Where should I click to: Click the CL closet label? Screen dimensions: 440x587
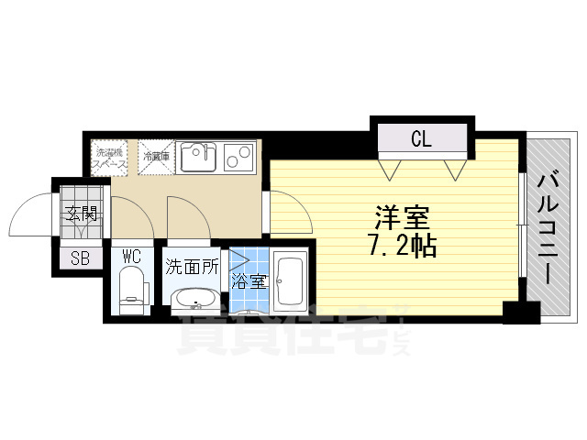click(421, 139)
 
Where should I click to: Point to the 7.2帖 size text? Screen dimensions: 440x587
click(401, 246)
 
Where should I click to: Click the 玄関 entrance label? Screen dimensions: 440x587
click(81, 216)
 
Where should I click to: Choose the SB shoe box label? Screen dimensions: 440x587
click(80, 258)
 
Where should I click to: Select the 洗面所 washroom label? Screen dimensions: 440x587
click(191, 268)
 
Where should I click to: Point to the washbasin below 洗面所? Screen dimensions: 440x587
click(193, 299)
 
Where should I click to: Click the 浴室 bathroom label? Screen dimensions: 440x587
click(249, 281)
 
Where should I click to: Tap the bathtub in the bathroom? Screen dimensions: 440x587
click(291, 281)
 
